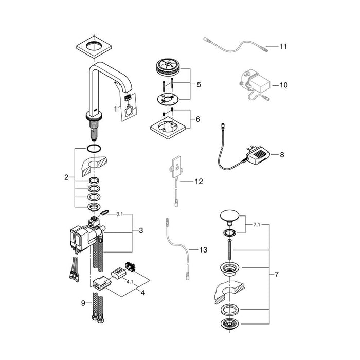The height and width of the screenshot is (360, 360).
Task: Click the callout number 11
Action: coord(283,47)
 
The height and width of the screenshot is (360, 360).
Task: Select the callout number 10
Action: coord(283,85)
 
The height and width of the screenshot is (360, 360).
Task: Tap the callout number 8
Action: coord(282,155)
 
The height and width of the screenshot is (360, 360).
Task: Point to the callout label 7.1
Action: coord(257,225)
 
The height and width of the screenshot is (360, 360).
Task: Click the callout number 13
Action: coord(203,249)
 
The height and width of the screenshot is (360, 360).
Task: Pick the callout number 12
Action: coord(199,182)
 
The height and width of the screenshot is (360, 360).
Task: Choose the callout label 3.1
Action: coord(120,214)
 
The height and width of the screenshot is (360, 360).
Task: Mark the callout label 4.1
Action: coord(130,282)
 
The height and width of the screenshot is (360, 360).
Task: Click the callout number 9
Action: coord(83,303)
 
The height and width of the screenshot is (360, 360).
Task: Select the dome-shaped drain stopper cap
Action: coord(229,217)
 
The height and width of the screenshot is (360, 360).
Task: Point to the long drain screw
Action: coord(229,248)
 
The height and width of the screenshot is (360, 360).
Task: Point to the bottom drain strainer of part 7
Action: coord(230,324)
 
